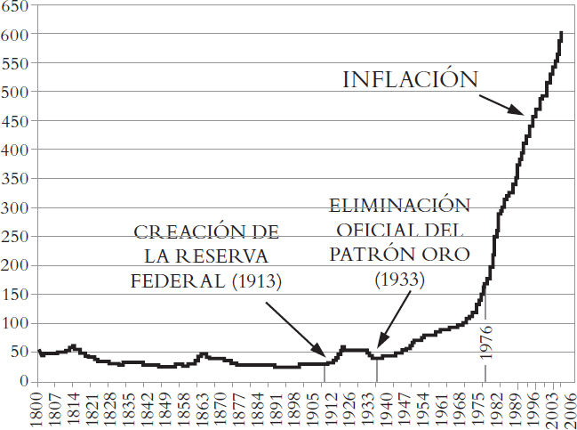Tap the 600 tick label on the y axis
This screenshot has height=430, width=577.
pos(15,34)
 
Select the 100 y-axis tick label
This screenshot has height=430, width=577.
pos(15,323)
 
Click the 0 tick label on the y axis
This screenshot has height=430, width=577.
pos(23,381)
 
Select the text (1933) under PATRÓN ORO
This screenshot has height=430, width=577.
pos(399,279)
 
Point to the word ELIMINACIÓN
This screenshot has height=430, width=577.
pos(398,206)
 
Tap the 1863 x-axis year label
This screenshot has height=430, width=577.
pos(204,407)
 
